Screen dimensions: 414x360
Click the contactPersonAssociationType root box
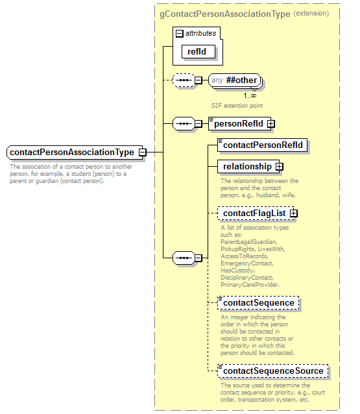pyautogui.click(x=72, y=152)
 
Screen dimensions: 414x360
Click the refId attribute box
pyautogui.click(x=197, y=51)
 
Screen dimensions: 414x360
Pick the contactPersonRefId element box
pyautogui.click(x=263, y=145)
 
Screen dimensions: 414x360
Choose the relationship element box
pyautogui.click(x=247, y=167)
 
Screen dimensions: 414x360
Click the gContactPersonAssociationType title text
pyautogui.click(x=224, y=13)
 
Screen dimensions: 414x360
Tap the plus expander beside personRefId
pyautogui.click(x=271, y=123)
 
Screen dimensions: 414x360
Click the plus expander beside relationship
pyautogui.click(x=280, y=167)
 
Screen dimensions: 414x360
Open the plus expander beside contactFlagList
pyautogui.click(x=294, y=213)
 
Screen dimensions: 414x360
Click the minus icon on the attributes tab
pyautogui.click(x=180, y=32)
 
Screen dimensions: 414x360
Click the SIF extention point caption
pyautogui.click(x=237, y=105)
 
